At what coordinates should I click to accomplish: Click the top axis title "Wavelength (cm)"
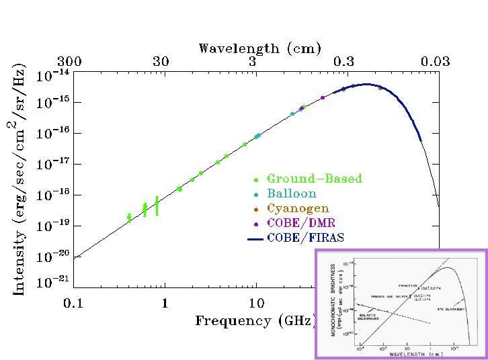point(259,48)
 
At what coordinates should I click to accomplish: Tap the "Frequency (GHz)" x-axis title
point(253,320)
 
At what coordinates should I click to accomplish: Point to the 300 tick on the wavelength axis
point(69,62)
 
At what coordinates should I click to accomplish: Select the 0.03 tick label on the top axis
point(435,62)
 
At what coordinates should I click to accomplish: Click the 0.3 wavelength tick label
point(343,62)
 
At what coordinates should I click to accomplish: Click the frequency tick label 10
point(255,303)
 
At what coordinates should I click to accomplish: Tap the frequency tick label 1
point(164,303)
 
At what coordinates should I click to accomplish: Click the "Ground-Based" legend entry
point(314,179)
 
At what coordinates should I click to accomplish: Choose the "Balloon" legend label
point(292,193)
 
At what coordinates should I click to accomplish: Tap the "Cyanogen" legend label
point(298,208)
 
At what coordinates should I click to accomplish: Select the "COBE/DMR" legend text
point(300,223)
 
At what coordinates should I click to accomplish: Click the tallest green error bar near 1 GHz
point(157,206)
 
